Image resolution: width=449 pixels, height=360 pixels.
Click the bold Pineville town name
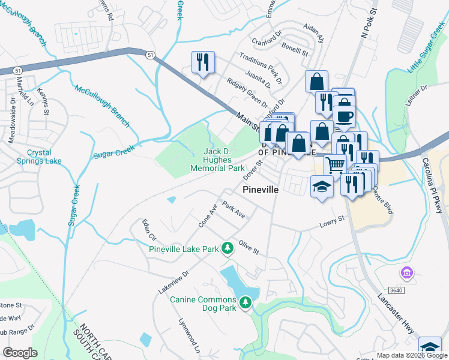[261, 189]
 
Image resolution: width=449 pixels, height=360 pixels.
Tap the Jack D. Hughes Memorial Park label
[217, 160]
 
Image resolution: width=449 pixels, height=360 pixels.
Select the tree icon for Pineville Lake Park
[227, 247]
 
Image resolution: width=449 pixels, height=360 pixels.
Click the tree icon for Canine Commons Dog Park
[245, 304]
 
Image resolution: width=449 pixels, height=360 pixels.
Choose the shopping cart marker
[336, 164]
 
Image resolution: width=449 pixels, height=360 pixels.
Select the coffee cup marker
[345, 116]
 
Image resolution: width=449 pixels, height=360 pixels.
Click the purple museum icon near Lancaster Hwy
[406, 274]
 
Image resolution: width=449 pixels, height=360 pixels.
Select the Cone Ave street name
[208, 216]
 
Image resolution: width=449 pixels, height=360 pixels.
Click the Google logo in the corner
[20, 352]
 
